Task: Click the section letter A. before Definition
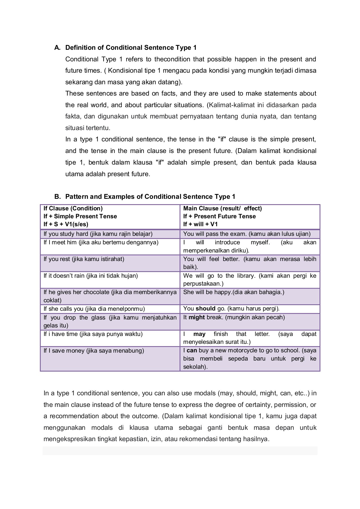(57, 48)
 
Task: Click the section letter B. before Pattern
(57, 197)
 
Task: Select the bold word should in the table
(205, 309)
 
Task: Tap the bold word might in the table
(197, 317)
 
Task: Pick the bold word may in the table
(199, 334)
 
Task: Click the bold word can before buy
(192, 350)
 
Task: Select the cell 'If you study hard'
(98, 234)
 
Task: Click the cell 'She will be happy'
(234, 292)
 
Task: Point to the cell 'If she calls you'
(94, 309)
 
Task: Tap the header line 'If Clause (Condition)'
(73, 208)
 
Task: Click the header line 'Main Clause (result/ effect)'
(222, 208)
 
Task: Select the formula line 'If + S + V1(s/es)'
(66, 224)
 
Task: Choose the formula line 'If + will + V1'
(200, 224)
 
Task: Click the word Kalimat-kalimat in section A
(232, 105)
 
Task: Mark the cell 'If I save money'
(94, 351)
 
